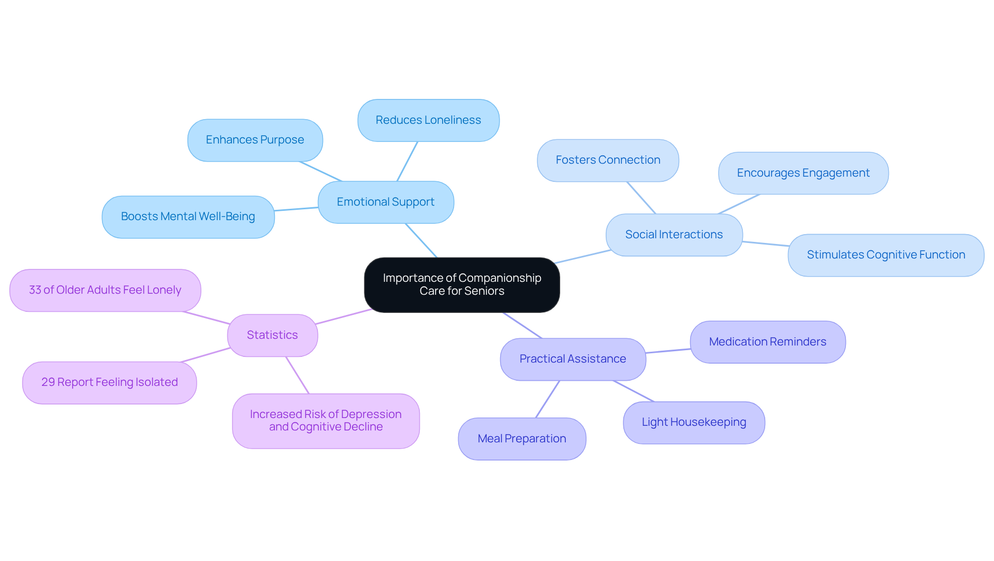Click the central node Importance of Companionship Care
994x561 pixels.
click(462, 284)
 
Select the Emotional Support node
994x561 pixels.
click(386, 202)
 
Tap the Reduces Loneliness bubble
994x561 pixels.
click(428, 120)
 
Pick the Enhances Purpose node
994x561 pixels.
click(255, 140)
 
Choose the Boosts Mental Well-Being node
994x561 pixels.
click(188, 217)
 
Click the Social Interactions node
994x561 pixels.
click(674, 235)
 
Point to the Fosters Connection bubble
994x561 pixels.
click(608, 160)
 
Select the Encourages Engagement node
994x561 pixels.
click(803, 173)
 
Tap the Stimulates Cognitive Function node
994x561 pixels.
click(885, 255)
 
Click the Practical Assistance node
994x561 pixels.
click(573, 359)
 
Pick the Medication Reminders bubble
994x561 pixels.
click(767, 342)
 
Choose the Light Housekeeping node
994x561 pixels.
click(694, 422)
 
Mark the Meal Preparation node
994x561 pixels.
click(522, 439)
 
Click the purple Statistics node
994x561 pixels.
click(272, 335)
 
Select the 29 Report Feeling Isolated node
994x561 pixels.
click(109, 382)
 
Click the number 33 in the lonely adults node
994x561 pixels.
click(35, 290)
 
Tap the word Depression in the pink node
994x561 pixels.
click(371, 414)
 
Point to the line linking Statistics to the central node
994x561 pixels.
click(343, 317)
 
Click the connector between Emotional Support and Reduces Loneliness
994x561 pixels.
click(407, 161)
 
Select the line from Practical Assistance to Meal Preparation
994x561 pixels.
click(548, 399)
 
